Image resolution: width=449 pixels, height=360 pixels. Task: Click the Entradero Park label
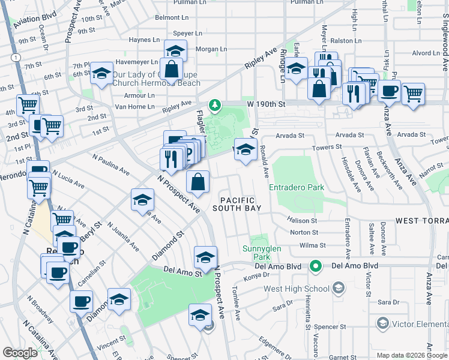pos(297,187)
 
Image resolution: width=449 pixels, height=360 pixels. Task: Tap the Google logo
pos(20,353)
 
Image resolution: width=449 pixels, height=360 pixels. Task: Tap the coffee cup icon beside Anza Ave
pos(389,91)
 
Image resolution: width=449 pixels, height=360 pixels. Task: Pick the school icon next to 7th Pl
pos(101,74)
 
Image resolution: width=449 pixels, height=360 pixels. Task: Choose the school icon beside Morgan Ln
pos(175,50)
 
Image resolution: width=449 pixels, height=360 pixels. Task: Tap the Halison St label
pos(303,221)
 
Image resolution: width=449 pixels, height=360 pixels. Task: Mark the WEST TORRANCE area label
pos(422,221)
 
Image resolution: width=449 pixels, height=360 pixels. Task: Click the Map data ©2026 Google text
pos(412,355)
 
